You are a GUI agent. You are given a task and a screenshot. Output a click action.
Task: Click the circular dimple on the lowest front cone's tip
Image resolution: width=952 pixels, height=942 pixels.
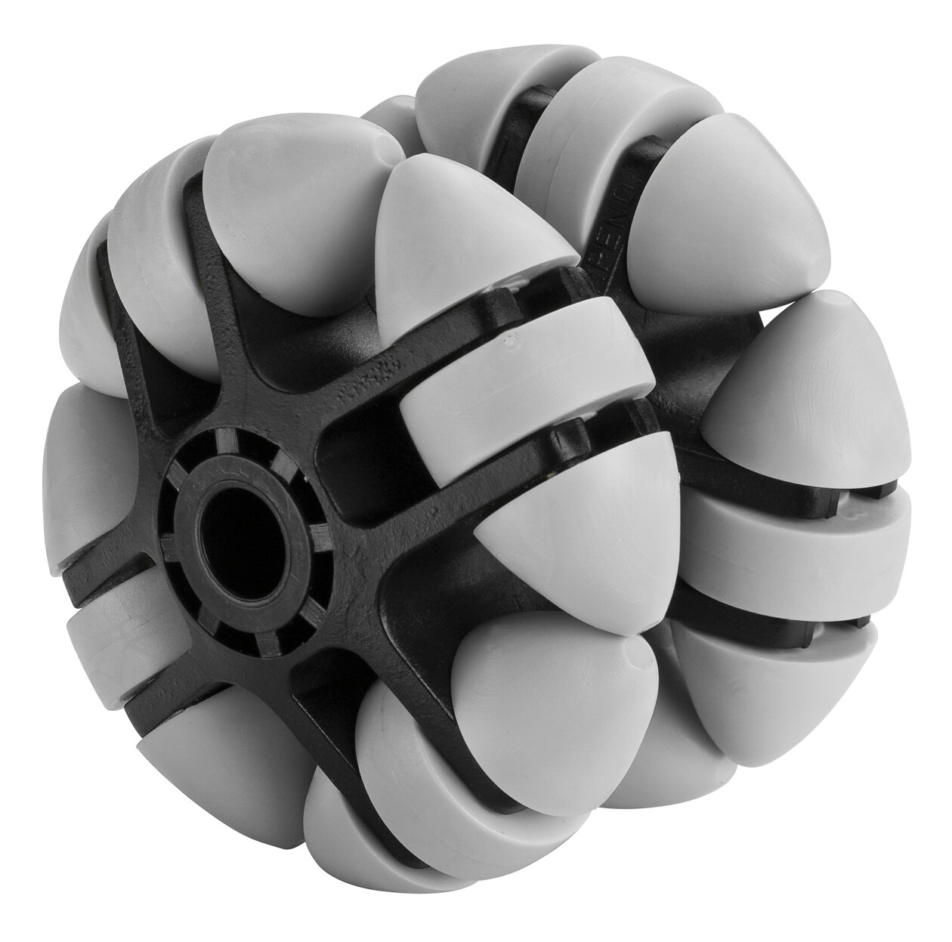click(641, 659)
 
